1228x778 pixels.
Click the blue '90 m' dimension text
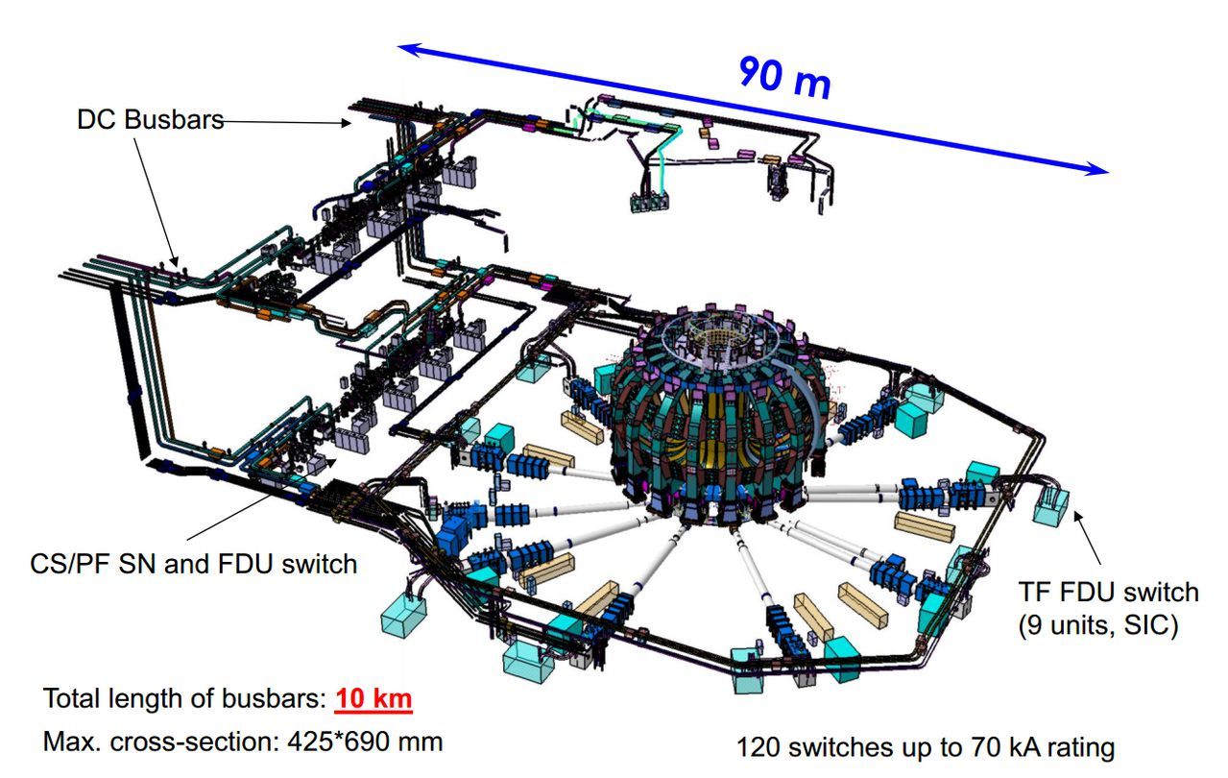pyautogui.click(x=784, y=77)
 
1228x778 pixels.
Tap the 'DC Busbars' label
pyautogui.click(x=150, y=119)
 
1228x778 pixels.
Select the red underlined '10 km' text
pyautogui.click(x=373, y=698)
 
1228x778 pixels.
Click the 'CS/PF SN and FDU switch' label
pyautogui.click(x=194, y=564)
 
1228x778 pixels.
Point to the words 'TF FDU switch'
pyautogui.click(x=1109, y=592)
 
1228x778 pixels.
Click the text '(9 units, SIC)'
pyautogui.click(x=1098, y=625)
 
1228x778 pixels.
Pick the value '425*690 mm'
pyautogui.click(x=365, y=742)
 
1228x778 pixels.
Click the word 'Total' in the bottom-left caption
pyautogui.click(x=72, y=698)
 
